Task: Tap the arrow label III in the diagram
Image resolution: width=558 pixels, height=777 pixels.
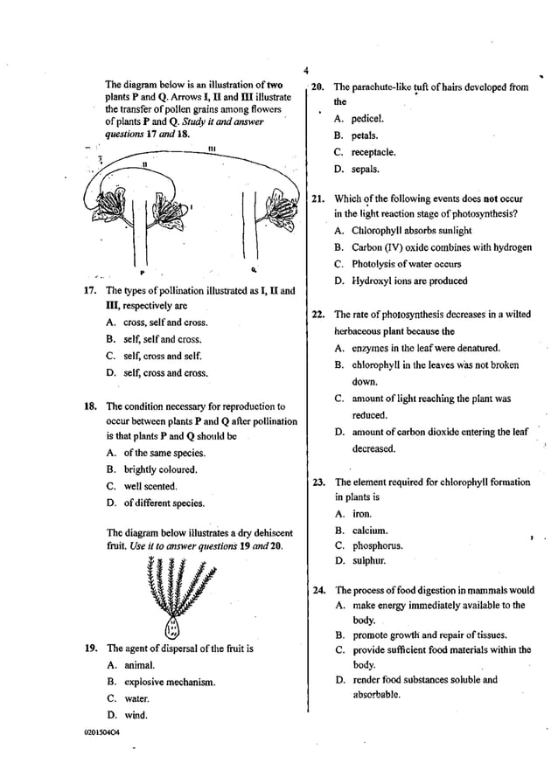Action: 212,149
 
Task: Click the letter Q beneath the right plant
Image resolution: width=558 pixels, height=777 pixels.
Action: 253,269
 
